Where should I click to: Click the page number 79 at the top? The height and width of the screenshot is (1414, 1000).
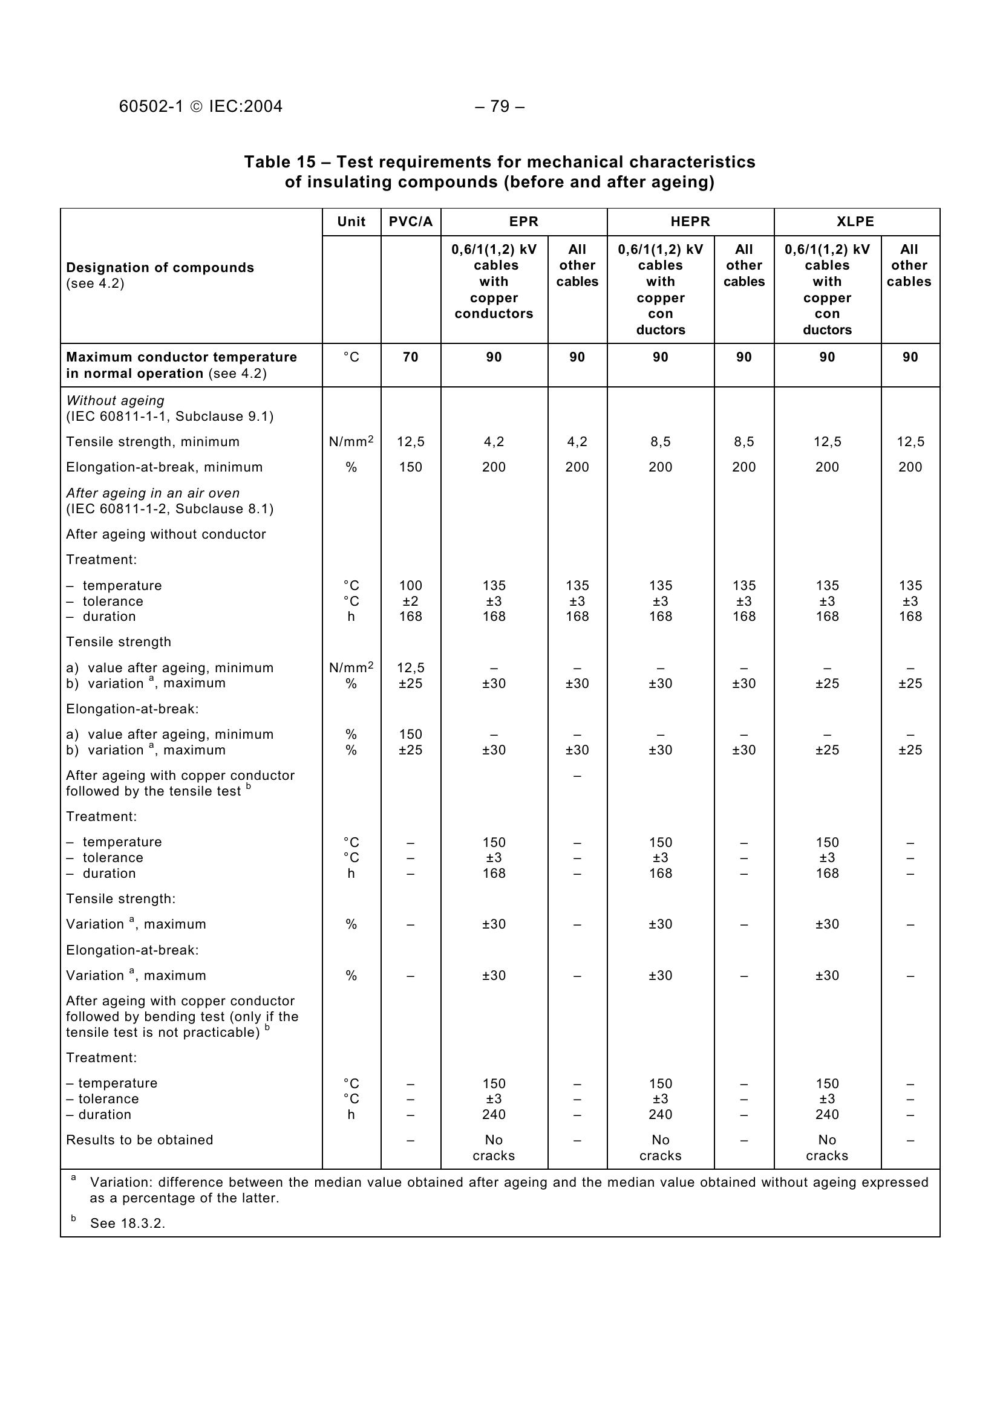[500, 106]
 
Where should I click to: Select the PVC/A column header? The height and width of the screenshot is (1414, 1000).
[410, 222]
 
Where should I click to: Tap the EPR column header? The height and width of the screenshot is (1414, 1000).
[524, 222]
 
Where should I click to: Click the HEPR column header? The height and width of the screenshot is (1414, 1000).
[690, 222]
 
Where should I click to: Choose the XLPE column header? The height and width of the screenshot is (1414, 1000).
[856, 222]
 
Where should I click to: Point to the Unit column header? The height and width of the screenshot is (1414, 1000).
[351, 222]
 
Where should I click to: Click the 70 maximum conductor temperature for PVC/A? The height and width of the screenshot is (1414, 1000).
[410, 357]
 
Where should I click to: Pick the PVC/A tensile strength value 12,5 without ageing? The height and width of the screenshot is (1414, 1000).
[410, 441]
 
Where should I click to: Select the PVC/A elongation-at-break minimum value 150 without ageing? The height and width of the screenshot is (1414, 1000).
[410, 467]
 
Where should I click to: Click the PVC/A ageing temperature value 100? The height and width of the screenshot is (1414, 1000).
[410, 585]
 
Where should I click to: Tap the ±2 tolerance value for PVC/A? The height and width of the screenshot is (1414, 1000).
[410, 601]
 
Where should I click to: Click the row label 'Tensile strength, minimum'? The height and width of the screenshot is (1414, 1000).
[153, 441]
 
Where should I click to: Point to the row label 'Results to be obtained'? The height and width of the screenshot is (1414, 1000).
[139, 1140]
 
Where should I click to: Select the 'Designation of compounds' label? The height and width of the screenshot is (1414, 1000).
[160, 267]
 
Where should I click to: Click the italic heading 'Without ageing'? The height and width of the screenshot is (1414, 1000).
[115, 400]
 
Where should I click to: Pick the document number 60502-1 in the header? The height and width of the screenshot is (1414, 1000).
[151, 106]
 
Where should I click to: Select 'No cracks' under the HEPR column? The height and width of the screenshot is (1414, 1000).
[660, 1147]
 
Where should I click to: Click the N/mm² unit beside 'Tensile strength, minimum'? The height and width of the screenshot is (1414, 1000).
[351, 441]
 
